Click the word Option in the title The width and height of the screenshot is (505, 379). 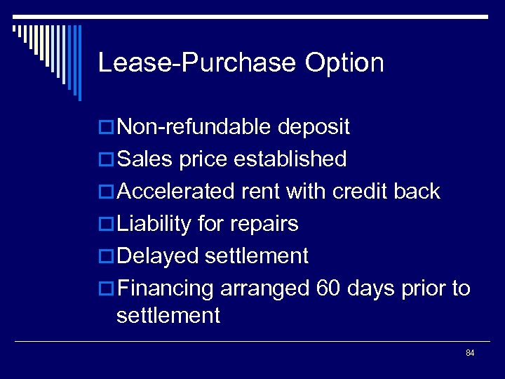(344, 63)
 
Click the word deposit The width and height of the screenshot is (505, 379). (314, 127)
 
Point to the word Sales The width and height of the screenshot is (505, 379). (145, 159)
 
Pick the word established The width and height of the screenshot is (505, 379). (290, 159)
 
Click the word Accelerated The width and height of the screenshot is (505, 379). (178, 192)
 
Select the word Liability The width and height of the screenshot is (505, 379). (154, 224)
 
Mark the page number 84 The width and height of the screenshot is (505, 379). (469, 352)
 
